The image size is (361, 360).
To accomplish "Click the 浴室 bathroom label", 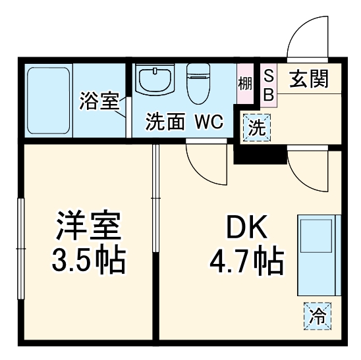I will coord(99,101).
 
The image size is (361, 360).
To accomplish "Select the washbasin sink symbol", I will coord(156,80).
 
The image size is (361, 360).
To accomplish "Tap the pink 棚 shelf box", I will coord(245,84).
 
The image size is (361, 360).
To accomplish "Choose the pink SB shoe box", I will coord(268,85).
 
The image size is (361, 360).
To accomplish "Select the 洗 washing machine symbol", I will coord(255,127).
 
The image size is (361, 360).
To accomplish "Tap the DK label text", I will coord(246,230).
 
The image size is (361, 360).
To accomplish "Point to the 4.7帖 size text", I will coord(246,261).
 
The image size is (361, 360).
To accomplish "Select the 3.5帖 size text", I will coord(88,261).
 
